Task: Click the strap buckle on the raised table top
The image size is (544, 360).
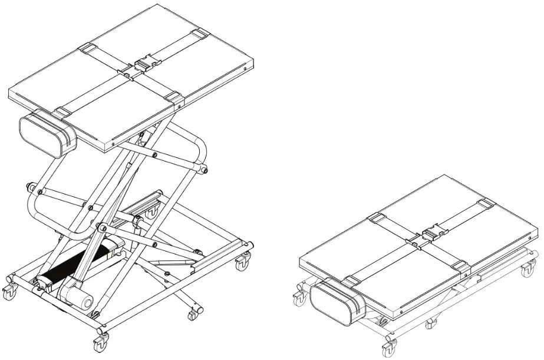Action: click(144, 63)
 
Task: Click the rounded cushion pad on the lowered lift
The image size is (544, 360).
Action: click(337, 301)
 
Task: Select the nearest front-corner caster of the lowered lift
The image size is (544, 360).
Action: click(390, 348)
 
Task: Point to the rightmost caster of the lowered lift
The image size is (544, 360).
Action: click(527, 269)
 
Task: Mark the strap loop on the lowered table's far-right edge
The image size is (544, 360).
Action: click(485, 204)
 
